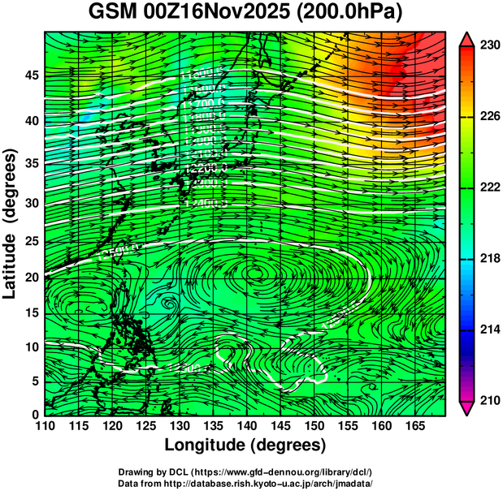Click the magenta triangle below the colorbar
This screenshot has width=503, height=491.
click(468, 408)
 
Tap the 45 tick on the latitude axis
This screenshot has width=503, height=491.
click(30, 75)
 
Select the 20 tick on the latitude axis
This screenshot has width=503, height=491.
click(30, 278)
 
